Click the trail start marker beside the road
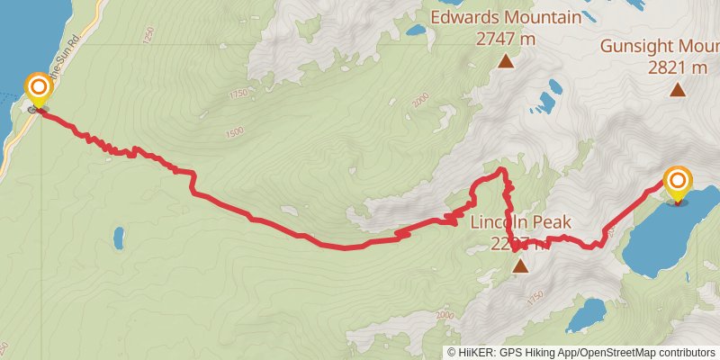(39, 88)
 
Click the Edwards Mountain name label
(506, 18)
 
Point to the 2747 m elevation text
(506, 40)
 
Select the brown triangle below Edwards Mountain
(506, 61)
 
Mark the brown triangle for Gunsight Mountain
(677, 89)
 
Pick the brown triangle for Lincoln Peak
(520, 265)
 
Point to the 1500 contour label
(236, 132)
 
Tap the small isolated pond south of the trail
(119, 238)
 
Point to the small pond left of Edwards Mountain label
(416, 30)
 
